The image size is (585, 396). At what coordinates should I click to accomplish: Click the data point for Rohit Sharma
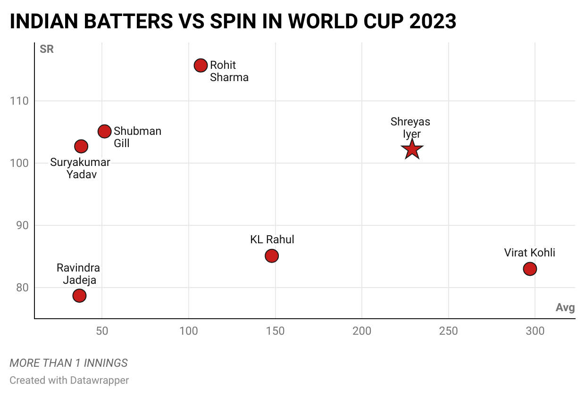coord(201,66)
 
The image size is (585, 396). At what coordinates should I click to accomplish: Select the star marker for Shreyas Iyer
coord(412,149)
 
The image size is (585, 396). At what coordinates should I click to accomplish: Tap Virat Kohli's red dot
coord(530,269)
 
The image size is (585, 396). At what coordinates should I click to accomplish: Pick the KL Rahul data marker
coord(272,256)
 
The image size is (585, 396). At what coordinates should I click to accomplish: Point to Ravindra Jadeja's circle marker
coord(79,296)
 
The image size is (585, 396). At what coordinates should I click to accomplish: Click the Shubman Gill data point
coord(104,132)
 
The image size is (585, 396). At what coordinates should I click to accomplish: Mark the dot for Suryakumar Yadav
coord(81,146)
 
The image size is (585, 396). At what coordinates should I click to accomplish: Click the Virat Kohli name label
coord(529,253)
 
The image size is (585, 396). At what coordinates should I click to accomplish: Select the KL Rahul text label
coord(272,239)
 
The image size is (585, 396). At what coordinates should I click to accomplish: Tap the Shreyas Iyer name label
coord(410,128)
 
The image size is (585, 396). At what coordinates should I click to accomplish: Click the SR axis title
coord(47,49)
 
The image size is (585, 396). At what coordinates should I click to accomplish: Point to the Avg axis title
coord(565,308)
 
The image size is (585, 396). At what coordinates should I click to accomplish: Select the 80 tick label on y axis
coord(22,288)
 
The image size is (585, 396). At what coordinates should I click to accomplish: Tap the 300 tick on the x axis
coord(535,331)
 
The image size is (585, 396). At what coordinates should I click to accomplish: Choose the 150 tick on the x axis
coord(275,331)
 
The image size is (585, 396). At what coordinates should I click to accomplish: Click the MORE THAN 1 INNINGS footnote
coord(68,363)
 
